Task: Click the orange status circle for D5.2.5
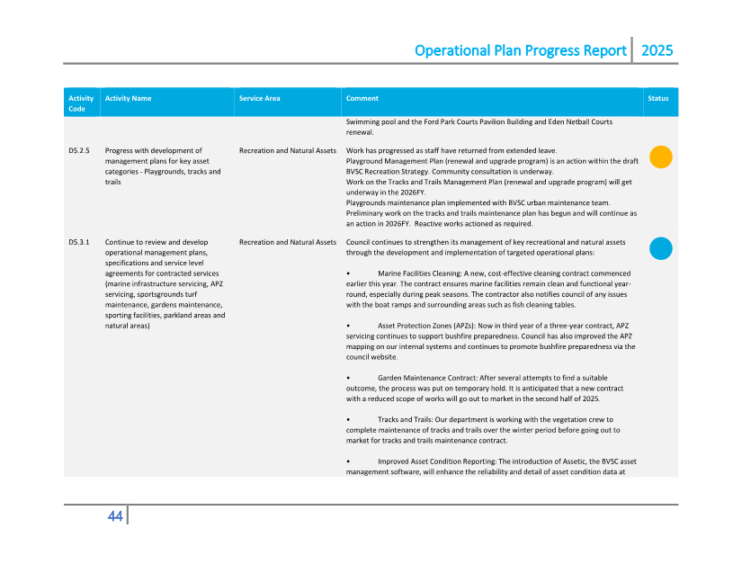pos(660,157)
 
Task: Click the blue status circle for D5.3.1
pos(660,248)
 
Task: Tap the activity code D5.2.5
pos(79,151)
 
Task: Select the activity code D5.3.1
pos(79,242)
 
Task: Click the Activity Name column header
pos(128,98)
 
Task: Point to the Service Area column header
pos(259,98)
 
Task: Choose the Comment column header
pos(362,98)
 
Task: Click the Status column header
pos(658,98)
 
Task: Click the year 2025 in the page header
pos(657,50)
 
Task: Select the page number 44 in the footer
pos(115,515)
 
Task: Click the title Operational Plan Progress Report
pos(520,50)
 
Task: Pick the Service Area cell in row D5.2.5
pos(288,151)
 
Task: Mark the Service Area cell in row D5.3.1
pos(288,242)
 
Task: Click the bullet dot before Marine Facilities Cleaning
pos(348,273)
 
